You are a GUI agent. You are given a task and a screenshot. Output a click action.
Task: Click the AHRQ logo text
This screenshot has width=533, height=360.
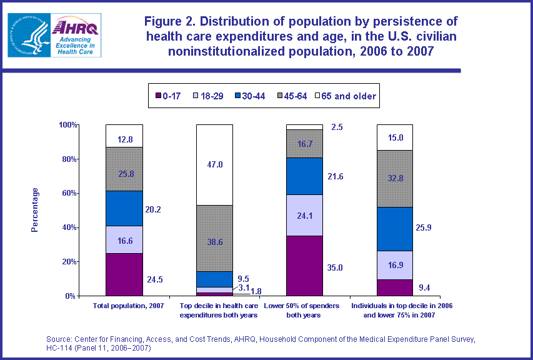pyautogui.click(x=67, y=27)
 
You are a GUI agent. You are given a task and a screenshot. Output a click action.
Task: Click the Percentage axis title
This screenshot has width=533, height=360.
pyautogui.click(x=35, y=210)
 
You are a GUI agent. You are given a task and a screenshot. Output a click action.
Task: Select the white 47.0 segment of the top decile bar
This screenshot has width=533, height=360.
pyautogui.click(x=215, y=165)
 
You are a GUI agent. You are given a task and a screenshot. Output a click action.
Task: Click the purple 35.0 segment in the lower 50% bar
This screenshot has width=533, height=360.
pyautogui.click(x=304, y=266)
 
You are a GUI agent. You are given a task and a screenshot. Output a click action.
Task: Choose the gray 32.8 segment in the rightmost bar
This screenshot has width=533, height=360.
pyautogui.click(x=395, y=178)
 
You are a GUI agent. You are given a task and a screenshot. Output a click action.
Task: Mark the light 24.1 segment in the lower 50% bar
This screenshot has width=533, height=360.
pyautogui.click(x=304, y=215)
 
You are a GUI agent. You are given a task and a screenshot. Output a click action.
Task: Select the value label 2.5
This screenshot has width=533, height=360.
pyautogui.click(x=337, y=127)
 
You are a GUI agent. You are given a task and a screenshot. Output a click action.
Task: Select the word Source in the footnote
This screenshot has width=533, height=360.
pyautogui.click(x=59, y=339)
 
